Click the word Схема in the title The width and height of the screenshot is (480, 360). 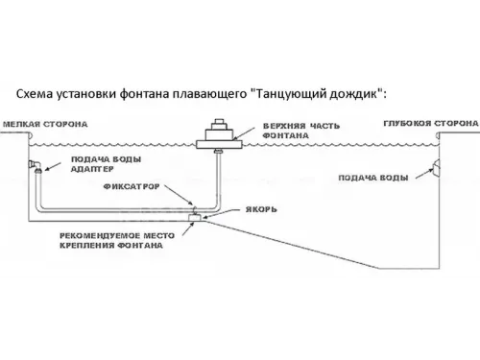pos(36,94)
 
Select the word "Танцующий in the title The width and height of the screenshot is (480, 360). pos(289,94)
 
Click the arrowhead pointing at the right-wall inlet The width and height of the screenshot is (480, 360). pos(425,175)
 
